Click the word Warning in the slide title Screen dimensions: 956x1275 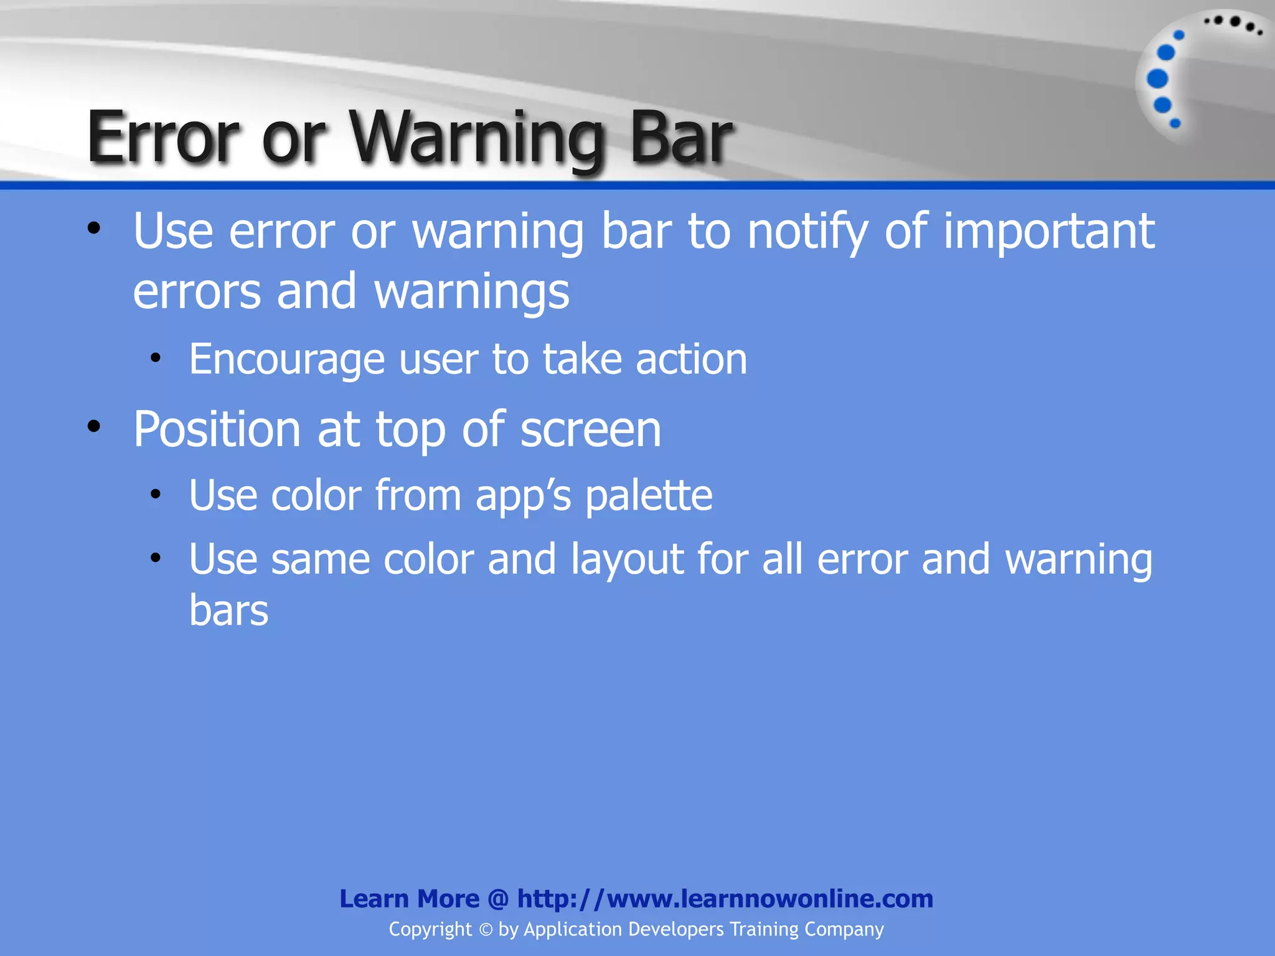coord(476,138)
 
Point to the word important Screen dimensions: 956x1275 coord(1049,232)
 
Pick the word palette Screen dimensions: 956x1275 coord(649,496)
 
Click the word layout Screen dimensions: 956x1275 coord(627,560)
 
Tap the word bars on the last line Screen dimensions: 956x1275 coord(228,611)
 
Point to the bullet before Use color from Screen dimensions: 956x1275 coord(156,495)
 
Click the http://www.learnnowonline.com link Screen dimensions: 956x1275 coord(725,899)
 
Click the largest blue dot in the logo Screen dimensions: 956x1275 coord(1157,79)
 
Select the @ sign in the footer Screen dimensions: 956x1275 coord(498,899)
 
